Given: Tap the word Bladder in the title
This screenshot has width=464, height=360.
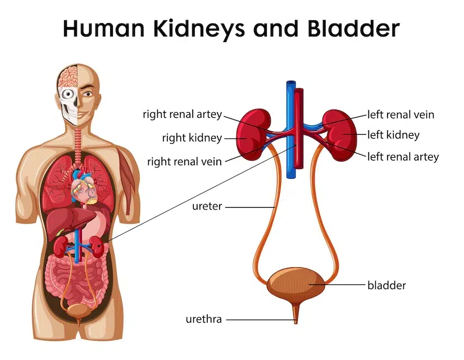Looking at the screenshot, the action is pos(354,29).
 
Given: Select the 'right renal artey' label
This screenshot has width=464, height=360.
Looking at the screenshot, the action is pos(182,115).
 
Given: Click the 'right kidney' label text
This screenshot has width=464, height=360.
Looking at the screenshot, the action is pos(192,138).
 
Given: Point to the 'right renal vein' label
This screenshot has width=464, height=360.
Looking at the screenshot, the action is pos(184,162).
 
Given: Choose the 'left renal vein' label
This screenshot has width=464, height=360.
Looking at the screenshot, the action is pos(401,115).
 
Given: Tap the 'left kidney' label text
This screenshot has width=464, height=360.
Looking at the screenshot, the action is pos(393,135).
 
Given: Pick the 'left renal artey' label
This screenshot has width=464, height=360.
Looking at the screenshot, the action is pos(403,157).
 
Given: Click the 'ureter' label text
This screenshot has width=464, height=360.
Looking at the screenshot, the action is pos(207,206).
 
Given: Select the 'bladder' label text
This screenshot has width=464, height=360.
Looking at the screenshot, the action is pos(386,285).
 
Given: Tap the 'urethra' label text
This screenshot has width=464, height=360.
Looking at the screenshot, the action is pos(203,319).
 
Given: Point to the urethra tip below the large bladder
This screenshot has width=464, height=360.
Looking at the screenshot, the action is pos(295,323).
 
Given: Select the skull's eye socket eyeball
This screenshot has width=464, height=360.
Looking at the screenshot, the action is pos(69,94).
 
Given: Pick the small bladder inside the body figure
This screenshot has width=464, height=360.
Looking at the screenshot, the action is pos(79,311).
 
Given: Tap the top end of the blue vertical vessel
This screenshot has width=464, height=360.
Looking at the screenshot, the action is pos(291,81).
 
